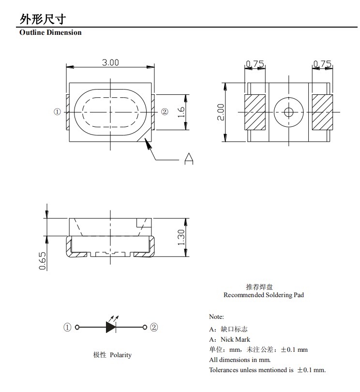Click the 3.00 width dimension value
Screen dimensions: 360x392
[110, 62]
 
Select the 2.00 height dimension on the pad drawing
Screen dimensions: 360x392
[221, 112]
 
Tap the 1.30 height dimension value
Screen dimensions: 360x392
[181, 237]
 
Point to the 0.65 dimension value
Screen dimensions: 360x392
[43, 260]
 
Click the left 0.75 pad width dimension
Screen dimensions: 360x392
[255, 64]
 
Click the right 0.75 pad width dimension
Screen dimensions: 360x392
[322, 64]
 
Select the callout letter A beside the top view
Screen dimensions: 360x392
[189, 159]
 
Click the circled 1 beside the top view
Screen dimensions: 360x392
[57, 112]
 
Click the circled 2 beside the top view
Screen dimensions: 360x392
[165, 112]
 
